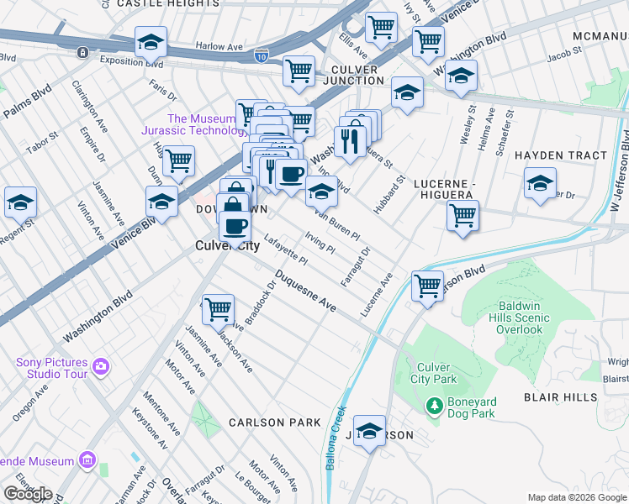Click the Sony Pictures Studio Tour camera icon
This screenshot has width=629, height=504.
point(101,365)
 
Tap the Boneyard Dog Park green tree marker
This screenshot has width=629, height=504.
point(435,407)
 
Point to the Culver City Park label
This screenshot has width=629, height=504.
point(434,373)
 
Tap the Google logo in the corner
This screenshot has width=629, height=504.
point(28,494)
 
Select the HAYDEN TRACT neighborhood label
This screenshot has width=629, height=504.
point(560,155)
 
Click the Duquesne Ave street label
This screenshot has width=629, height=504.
point(304,296)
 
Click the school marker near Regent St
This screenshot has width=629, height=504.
point(20,202)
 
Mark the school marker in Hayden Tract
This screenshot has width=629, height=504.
point(540,182)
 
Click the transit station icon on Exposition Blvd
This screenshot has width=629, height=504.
point(83,52)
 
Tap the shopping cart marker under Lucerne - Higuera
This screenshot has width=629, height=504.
point(462,215)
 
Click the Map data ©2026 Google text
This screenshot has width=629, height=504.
point(577,497)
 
